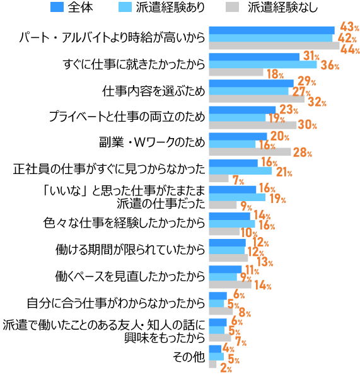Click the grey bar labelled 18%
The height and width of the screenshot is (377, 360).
coord(236,72)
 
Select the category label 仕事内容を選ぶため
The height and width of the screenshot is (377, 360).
coord(153,91)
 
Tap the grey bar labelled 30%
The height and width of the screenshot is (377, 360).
coord(252,125)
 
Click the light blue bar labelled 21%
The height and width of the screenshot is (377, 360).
coord(240,170)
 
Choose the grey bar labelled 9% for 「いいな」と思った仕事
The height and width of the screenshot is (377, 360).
coord(223,205)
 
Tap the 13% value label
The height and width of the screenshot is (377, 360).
coord(264,262)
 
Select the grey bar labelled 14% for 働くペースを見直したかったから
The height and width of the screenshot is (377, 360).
coord(230,285)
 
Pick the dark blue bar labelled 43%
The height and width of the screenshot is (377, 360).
coord(271,30)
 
